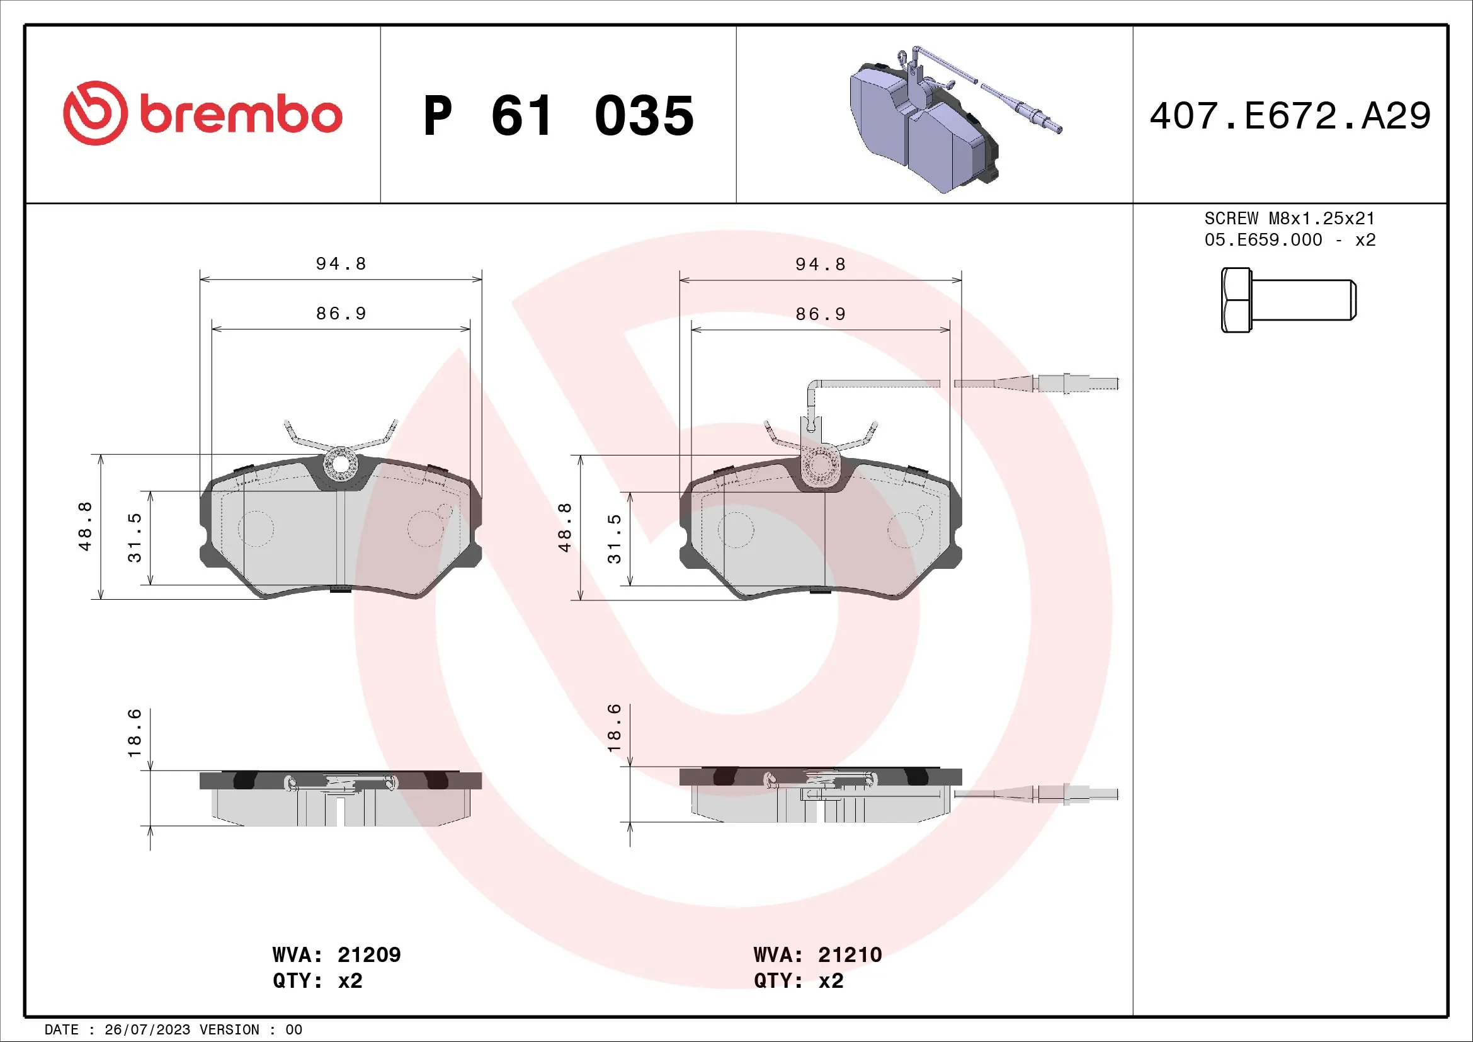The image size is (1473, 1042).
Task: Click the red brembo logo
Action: [x=202, y=113]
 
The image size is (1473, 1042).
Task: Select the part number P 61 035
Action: [x=558, y=116]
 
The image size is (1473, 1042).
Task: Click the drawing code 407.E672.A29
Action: [x=1290, y=116]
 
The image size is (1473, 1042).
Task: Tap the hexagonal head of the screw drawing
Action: [x=1236, y=300]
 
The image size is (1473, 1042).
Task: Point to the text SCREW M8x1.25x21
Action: [x=1289, y=218]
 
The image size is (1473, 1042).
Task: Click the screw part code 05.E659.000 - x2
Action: [x=1290, y=240]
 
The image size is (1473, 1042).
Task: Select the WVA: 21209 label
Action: [x=336, y=954]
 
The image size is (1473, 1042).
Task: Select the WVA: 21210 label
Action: [x=817, y=954]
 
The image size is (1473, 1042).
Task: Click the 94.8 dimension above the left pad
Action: [x=341, y=264]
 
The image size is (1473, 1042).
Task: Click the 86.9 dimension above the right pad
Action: [x=821, y=314]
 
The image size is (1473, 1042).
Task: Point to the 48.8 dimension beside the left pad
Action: [x=85, y=526]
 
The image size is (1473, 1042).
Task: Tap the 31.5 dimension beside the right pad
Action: [x=614, y=538]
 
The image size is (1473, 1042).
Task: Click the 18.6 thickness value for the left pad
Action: [x=134, y=733]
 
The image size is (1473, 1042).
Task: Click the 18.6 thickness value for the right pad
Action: [x=614, y=728]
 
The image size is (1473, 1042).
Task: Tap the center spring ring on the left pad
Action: [x=341, y=464]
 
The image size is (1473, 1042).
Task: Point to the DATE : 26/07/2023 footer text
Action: [x=173, y=1030]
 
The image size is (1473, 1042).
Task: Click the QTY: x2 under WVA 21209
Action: [x=317, y=981]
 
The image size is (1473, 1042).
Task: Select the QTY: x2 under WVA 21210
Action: [x=799, y=981]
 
